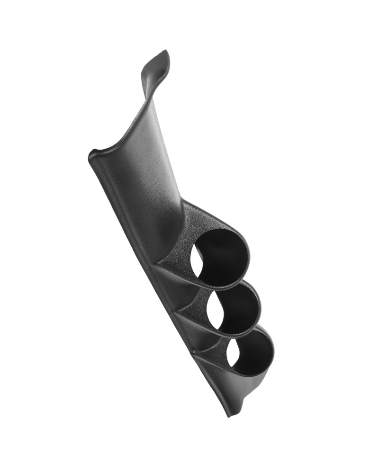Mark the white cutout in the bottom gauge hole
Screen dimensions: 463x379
point(232,353)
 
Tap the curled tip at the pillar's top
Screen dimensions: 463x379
point(159,62)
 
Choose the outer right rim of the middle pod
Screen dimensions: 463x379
point(260,308)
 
